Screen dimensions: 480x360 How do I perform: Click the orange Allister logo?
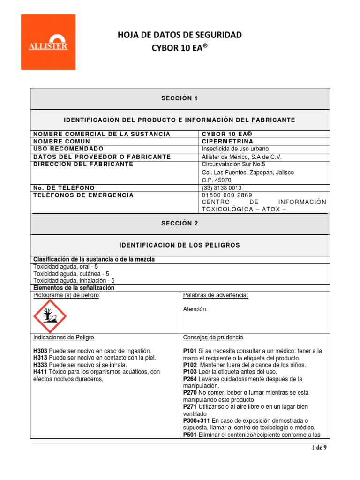pos(48,42)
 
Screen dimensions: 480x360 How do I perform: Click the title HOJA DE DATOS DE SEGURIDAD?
pos(180,35)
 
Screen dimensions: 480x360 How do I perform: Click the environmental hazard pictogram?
pos(50,317)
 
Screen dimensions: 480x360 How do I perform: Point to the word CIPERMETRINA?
pos(227,141)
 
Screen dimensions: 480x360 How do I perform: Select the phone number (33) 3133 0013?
pos(222,187)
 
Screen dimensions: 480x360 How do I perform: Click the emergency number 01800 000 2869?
pos(227,195)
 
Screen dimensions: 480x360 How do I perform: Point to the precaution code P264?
pos(190,379)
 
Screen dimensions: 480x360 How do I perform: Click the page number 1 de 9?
pos(319,448)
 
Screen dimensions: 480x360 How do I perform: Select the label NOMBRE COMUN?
pos(61,141)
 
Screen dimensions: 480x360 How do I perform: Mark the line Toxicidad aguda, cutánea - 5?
pos(71,273)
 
